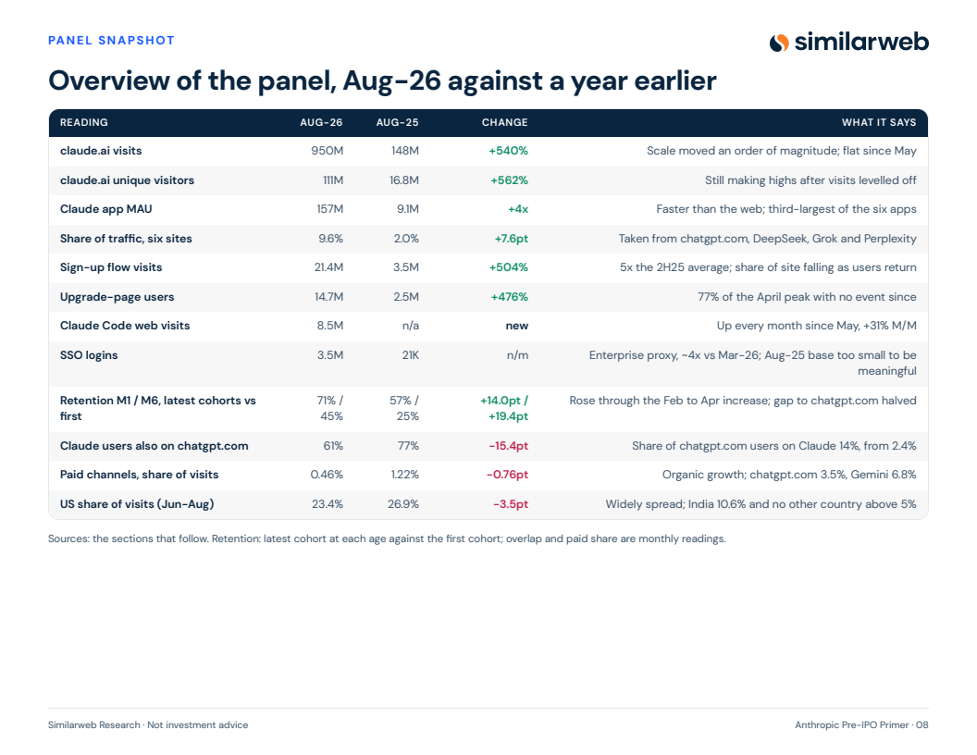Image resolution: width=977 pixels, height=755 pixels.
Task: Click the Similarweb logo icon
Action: coord(779,43)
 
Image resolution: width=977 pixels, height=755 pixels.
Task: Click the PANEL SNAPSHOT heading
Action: coord(112,41)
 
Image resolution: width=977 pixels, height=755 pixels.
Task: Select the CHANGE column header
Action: coord(505,123)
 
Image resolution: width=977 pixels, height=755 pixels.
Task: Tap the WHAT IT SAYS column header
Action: coord(879,123)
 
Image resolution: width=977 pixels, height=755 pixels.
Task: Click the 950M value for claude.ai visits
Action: coord(328,151)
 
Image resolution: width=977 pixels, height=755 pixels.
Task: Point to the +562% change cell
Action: coord(509,180)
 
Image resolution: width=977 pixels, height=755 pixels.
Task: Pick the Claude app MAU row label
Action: coord(105,209)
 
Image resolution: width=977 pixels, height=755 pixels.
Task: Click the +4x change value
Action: coord(518,209)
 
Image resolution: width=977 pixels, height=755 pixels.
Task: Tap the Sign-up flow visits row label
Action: coord(111,267)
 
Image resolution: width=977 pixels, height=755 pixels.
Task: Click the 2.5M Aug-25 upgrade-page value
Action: coord(406,296)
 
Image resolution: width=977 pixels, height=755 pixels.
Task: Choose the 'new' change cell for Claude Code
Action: coord(517,326)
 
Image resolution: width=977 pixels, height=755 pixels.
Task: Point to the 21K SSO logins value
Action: coord(410,355)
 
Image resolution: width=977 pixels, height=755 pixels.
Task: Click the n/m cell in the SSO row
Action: coord(517,355)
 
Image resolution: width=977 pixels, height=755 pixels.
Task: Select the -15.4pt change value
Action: coord(509,446)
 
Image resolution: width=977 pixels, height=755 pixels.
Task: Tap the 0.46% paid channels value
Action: coord(327,475)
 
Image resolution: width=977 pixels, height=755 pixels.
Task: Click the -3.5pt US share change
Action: coord(511,504)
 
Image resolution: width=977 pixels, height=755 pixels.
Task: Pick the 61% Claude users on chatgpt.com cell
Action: coord(333,446)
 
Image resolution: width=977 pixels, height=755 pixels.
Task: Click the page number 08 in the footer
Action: coord(922,725)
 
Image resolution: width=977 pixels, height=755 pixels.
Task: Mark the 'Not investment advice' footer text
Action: coord(197,725)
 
